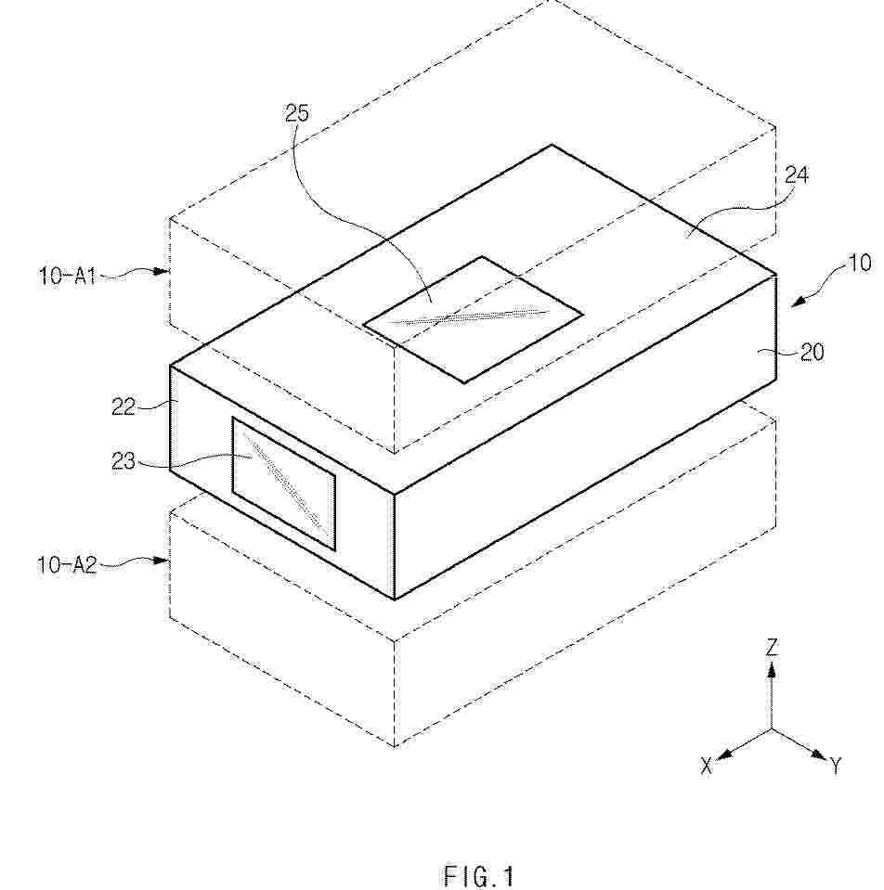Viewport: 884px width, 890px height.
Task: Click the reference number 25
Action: tap(296, 113)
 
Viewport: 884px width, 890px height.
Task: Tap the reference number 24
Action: tap(797, 174)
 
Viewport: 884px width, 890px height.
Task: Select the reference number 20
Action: tap(812, 353)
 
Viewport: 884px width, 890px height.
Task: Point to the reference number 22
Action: tap(123, 406)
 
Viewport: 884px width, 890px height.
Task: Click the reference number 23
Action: tap(123, 461)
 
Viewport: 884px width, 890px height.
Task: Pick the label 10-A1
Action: tap(67, 276)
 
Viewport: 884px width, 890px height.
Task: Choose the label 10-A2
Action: tap(67, 565)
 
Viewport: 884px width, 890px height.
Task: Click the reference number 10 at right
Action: tap(860, 263)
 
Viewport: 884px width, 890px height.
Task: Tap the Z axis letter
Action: tap(772, 648)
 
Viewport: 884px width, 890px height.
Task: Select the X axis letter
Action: tap(707, 767)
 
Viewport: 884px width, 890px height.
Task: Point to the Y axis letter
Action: tap(836, 767)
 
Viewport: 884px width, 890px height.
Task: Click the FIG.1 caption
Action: tap(478, 876)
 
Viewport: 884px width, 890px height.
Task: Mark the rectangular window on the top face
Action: tap(473, 319)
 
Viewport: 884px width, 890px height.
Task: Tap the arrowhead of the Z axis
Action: tap(772, 672)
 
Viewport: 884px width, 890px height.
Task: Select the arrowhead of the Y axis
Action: tap(819, 755)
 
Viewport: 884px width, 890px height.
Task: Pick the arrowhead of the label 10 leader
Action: tap(798, 303)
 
